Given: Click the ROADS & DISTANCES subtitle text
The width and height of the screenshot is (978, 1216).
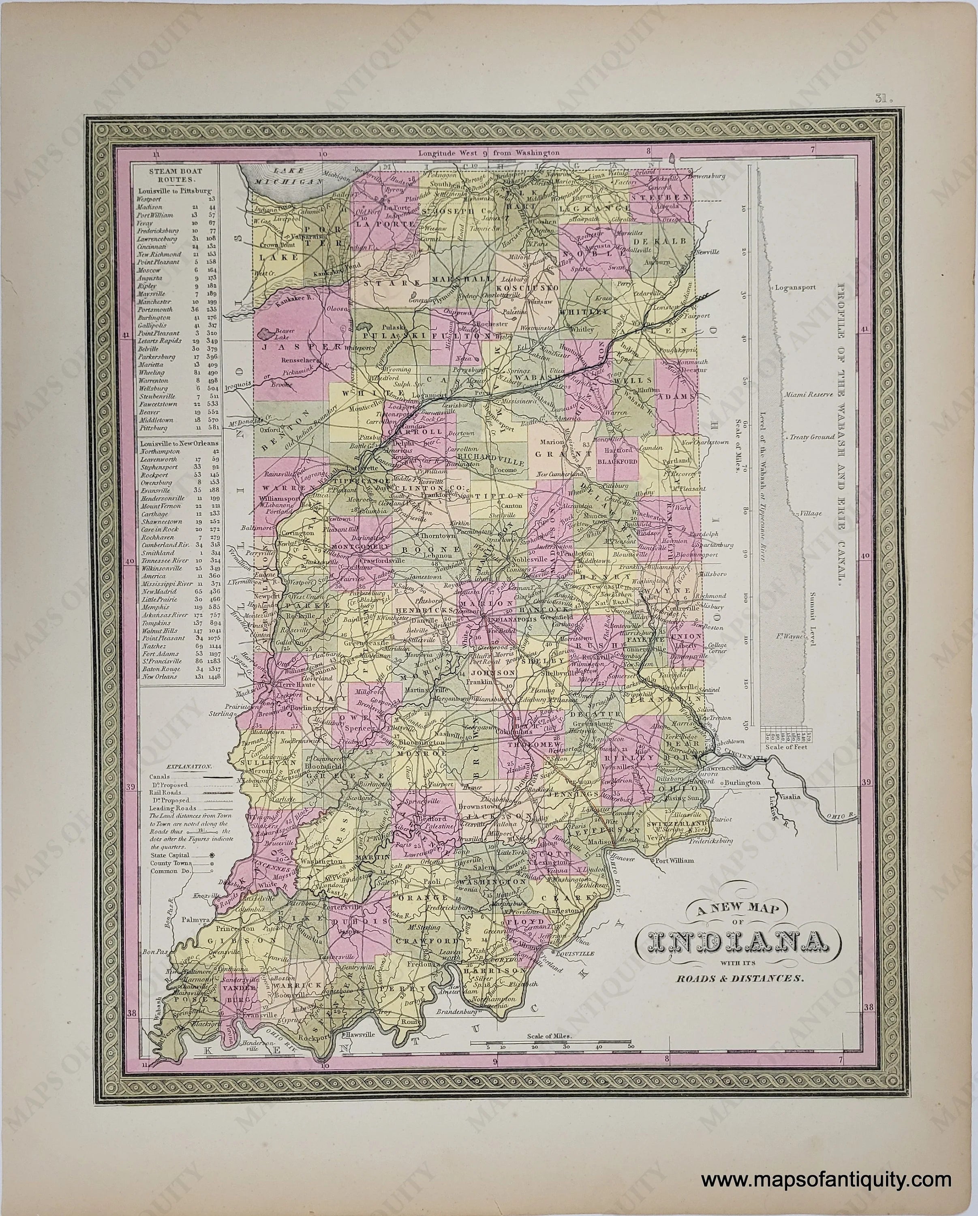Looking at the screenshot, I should coord(739,978).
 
